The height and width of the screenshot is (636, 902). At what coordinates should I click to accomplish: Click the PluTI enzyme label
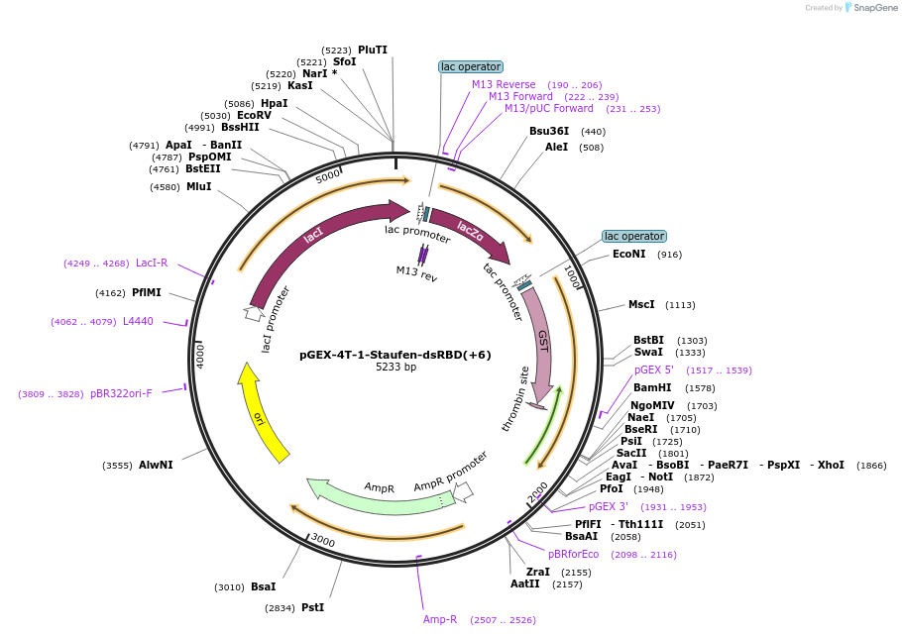[373, 50]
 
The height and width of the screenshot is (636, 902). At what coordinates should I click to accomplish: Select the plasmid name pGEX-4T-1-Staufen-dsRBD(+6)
[395, 355]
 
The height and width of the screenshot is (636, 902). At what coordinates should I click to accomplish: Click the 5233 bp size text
[395, 368]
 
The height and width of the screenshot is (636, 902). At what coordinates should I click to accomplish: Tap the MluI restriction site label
[198, 186]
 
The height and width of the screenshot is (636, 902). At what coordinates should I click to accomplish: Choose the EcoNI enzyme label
[628, 255]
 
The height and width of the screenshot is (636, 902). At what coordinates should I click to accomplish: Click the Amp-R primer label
[440, 619]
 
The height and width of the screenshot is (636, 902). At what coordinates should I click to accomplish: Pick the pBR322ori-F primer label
[121, 393]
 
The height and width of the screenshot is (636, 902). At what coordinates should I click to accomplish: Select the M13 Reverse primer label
[504, 84]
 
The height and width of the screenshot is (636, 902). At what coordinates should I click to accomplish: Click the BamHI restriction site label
[652, 387]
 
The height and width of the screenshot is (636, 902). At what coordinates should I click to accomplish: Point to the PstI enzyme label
[312, 607]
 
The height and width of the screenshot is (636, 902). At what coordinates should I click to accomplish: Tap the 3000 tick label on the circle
[323, 541]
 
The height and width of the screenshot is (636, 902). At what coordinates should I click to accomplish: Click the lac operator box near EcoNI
[634, 237]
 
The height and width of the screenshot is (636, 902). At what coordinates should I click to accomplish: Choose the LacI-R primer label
[152, 263]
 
